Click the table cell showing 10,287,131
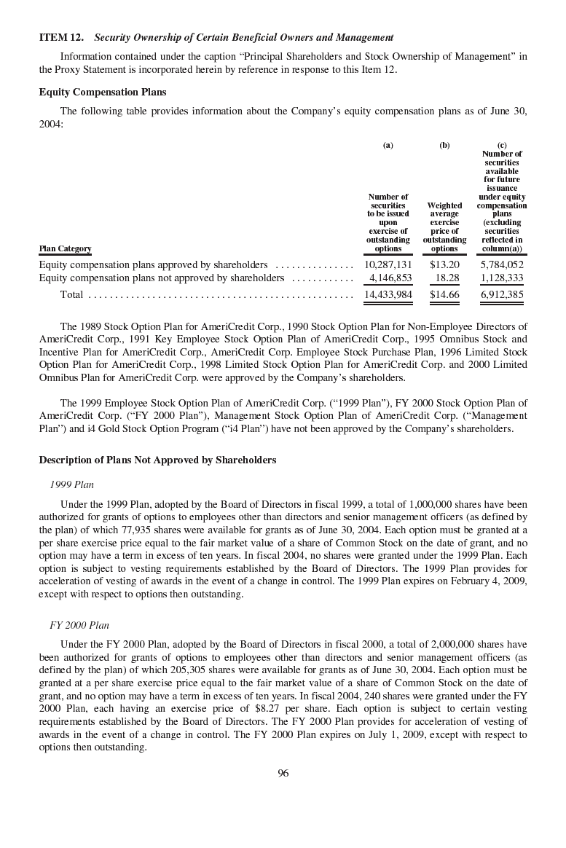coord(388,264)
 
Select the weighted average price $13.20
coord(444,264)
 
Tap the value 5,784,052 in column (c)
coord(502,264)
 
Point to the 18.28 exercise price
coord(447,278)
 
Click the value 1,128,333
coord(502,278)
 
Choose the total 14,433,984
coord(388,294)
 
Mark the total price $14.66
coord(444,294)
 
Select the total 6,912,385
coord(502,294)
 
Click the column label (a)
coord(388,145)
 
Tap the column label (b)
coord(444,145)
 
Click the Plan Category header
coord(65,248)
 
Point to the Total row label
coord(71,294)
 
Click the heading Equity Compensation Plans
coord(102,92)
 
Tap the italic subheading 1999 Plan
coord(71,484)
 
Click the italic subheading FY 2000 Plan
coord(79,625)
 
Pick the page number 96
coord(283,773)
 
